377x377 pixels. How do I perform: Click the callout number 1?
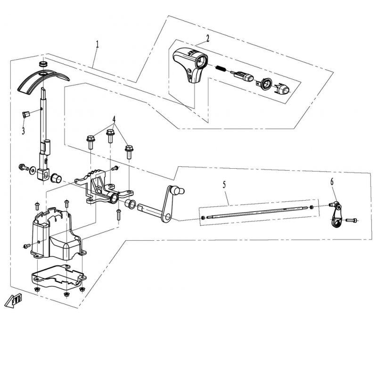point(98,45)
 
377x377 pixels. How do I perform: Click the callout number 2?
point(208,38)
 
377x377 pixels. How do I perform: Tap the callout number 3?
point(23,131)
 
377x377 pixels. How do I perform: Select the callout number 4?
point(114,119)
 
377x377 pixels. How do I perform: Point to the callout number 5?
point(224,185)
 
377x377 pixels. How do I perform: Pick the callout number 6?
point(332,182)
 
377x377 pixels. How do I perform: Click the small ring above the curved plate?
point(43,64)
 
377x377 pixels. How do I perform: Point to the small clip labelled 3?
point(26,114)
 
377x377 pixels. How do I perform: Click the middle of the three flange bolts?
point(110,136)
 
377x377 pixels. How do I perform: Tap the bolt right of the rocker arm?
point(351,220)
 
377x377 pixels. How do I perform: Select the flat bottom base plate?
point(58,276)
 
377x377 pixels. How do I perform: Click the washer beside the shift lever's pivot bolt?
point(32,171)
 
